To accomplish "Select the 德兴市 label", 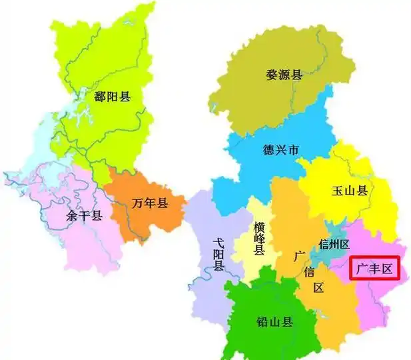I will point(282,150).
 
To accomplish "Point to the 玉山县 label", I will point(350,191).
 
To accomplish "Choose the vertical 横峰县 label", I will point(259,239).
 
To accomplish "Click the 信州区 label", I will point(334,244).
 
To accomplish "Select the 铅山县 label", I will point(274,323).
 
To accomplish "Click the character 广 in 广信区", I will point(300,255).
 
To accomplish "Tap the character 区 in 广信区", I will point(318,288).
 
